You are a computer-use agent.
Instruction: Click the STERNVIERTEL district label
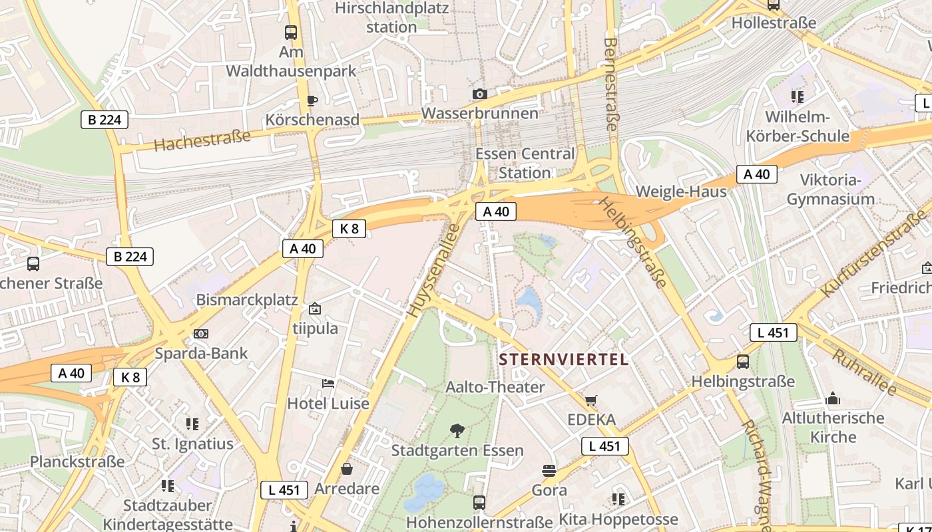coord(564,360)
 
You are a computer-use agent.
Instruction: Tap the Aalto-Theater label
coord(495,387)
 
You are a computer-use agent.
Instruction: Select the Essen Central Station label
coord(525,163)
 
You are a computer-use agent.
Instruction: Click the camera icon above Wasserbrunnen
coord(479,94)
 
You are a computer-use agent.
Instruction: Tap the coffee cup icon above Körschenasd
coord(312,100)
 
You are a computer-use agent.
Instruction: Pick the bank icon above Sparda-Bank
coord(200,334)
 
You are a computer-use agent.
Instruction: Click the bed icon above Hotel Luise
coord(328,384)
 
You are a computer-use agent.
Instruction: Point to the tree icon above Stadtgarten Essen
coord(457,431)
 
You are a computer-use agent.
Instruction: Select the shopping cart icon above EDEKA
coord(591,400)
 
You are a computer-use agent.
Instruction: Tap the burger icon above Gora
coord(549,471)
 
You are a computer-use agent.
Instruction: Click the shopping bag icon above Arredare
coord(347,469)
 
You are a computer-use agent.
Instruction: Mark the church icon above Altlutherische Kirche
coord(832,399)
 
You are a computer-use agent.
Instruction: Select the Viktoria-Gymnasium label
coord(830,190)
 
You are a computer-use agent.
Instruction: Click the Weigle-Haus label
coord(681,192)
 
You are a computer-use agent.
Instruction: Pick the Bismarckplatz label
coord(247,300)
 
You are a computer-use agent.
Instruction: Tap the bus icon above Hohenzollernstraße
coord(479,502)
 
